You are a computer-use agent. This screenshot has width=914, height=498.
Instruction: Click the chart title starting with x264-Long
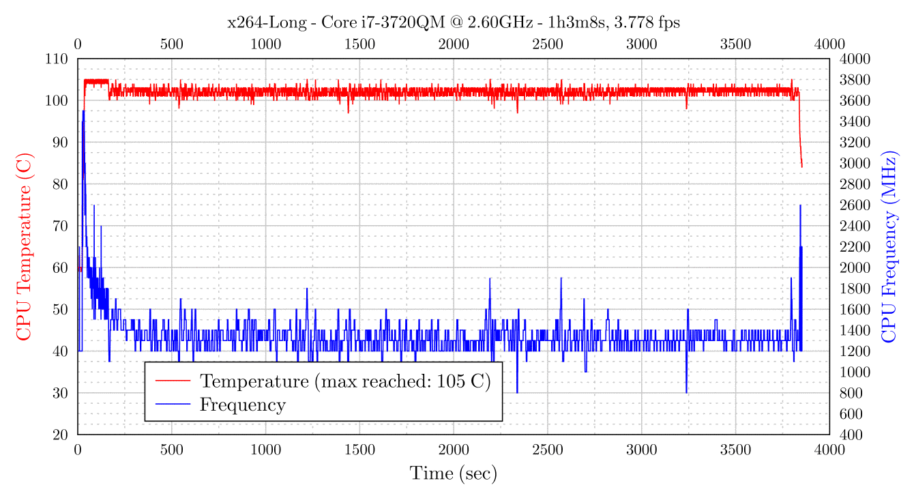pyautogui.click(x=454, y=23)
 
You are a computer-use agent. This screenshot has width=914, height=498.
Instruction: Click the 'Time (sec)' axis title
pyautogui.click(x=453, y=473)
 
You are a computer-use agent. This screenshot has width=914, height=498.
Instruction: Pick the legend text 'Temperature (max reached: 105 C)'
pyautogui.click(x=345, y=381)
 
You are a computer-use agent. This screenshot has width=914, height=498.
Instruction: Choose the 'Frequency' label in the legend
pyautogui.click(x=242, y=405)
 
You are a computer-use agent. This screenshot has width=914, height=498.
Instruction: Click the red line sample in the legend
pyautogui.click(x=173, y=381)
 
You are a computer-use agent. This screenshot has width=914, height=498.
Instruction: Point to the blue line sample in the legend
pyautogui.click(x=173, y=405)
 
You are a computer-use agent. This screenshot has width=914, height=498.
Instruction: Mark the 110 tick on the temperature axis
pyautogui.click(x=58, y=59)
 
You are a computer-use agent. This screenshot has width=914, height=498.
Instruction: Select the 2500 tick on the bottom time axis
pyautogui.click(x=547, y=450)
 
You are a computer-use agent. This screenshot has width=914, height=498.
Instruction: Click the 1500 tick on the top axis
pyautogui.click(x=359, y=45)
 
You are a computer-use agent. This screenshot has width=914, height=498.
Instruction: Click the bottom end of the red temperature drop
pyautogui.click(x=802, y=166)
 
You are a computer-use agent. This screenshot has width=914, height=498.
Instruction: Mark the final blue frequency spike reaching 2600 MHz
pyautogui.click(x=800, y=205)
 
